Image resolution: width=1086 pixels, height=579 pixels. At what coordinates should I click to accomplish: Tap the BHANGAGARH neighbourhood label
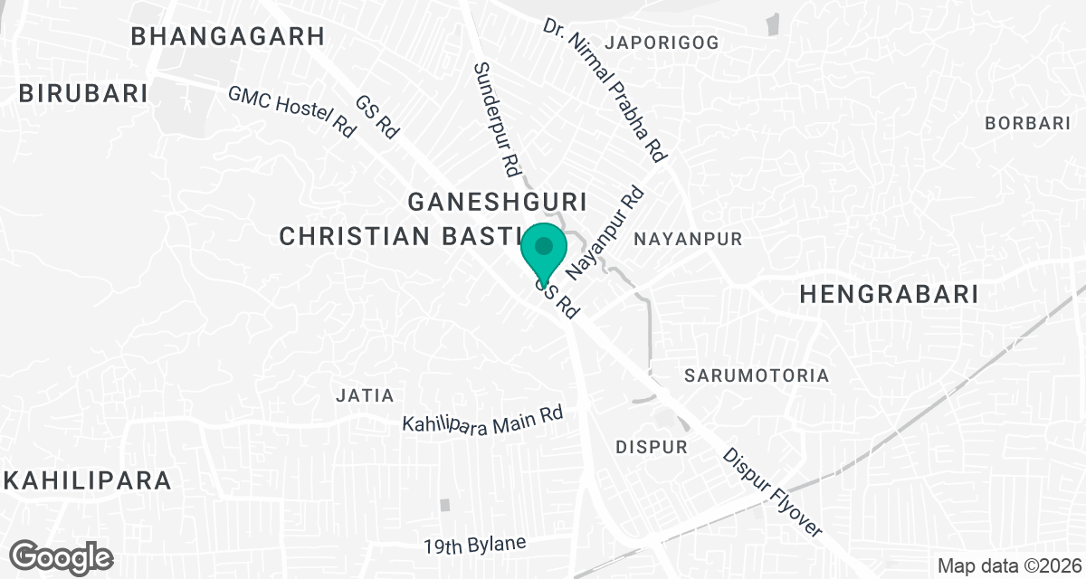227,36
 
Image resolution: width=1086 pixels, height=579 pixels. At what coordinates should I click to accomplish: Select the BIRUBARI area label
82,93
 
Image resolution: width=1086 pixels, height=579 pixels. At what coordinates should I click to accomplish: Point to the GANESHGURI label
499,201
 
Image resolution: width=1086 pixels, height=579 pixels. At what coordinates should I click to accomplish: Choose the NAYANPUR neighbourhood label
688,240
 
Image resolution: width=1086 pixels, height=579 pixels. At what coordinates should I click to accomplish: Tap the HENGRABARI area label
890,294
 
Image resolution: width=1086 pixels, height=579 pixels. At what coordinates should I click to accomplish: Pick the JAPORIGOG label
662,43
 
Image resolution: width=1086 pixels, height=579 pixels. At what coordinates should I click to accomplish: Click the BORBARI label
1028,123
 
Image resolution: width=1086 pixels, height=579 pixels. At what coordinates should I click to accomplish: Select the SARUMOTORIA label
757,375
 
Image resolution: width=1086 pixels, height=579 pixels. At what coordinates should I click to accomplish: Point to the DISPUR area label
652,447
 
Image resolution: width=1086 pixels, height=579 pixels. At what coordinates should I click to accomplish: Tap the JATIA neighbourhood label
365,395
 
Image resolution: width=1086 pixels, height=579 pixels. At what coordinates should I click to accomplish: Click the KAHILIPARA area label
88,479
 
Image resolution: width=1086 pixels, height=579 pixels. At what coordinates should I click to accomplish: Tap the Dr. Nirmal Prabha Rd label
605,90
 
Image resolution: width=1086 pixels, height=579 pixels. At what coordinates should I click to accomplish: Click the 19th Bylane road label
474,546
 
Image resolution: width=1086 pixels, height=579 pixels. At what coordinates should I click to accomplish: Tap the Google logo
62,556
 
